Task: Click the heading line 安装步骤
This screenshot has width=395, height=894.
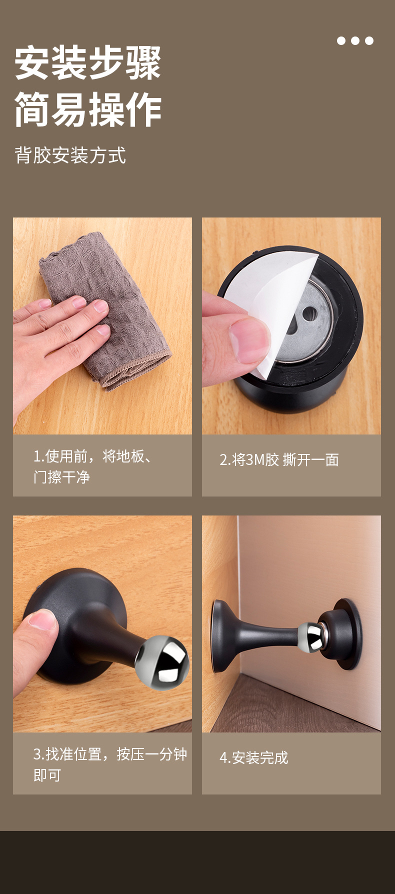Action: pyautogui.click(x=87, y=63)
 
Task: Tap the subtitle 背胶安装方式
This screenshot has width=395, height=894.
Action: pyautogui.click(x=70, y=155)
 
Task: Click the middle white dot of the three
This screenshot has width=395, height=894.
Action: pyautogui.click(x=355, y=40)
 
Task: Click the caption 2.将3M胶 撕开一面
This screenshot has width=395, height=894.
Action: pyautogui.click(x=279, y=460)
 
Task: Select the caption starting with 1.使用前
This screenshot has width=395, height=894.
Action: pyautogui.click(x=93, y=466)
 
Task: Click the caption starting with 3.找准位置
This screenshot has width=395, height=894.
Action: pyautogui.click(x=110, y=764)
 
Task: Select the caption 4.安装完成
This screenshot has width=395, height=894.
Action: pyautogui.click(x=254, y=758)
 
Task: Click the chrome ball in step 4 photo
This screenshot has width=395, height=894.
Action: pyautogui.click(x=310, y=637)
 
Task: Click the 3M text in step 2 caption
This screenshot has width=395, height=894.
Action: pyautogui.click(x=257, y=460)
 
